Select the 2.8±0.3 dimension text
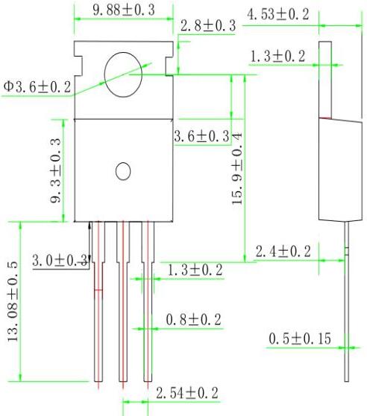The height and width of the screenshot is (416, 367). pyautogui.click(x=208, y=26)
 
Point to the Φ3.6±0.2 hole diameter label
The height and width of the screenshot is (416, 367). pyautogui.click(x=37, y=88)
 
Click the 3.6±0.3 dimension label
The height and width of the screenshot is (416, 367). pyautogui.click(x=201, y=136)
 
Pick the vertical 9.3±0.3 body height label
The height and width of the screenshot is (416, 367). pyautogui.click(x=57, y=170)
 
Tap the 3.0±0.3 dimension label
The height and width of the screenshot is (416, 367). pyautogui.click(x=60, y=260)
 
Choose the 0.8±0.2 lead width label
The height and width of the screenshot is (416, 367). pyautogui.click(x=193, y=319)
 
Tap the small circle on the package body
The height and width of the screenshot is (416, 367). pyautogui.click(x=123, y=171)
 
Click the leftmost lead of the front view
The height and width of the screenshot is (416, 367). pyautogui.click(x=98, y=305)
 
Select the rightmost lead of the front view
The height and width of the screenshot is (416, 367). pyautogui.click(x=148, y=305)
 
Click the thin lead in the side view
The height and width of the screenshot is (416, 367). pyautogui.click(x=347, y=313)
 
